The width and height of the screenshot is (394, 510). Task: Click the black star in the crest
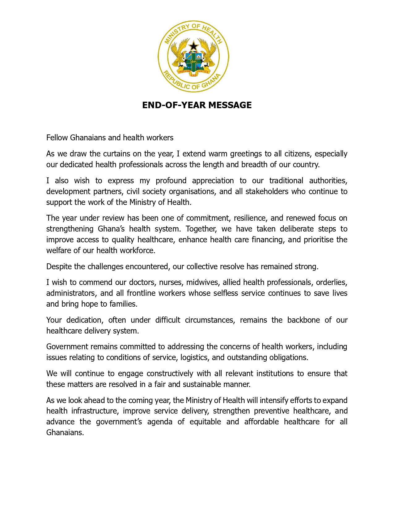(x=193, y=46)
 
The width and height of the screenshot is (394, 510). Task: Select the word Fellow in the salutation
(x=57, y=138)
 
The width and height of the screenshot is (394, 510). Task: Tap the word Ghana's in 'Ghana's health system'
(x=111, y=229)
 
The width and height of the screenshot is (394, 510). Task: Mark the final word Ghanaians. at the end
(x=65, y=432)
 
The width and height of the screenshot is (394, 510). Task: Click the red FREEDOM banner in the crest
(x=184, y=71)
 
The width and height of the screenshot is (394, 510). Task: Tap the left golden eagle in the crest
(x=180, y=53)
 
